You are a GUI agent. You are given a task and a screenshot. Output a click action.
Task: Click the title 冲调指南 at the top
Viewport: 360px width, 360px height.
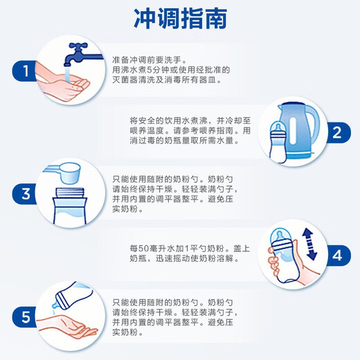coord(179,18)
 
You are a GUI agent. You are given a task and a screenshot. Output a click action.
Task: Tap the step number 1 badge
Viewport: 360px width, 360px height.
coord(24,70)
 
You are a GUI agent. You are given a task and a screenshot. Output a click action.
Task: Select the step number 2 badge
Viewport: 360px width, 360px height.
coord(336,132)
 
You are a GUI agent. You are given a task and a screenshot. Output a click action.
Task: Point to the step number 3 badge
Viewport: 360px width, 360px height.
coord(24,192)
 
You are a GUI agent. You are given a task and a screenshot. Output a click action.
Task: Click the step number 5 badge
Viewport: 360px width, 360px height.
coord(24,317)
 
